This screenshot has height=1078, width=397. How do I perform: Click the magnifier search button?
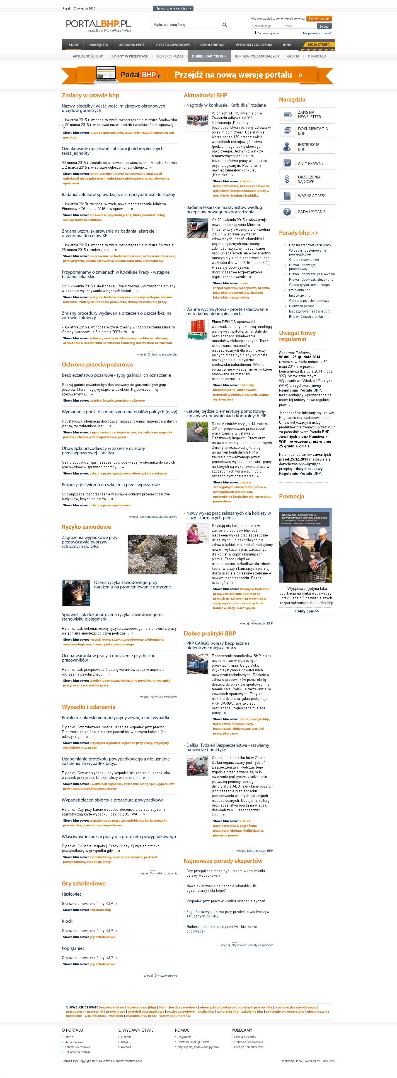pos(225,25)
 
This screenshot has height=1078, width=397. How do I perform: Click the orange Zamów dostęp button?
pos(319,18)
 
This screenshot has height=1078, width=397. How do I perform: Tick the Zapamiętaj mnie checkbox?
pos(254,33)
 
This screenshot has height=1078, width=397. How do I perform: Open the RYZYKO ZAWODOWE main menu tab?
pos(173,45)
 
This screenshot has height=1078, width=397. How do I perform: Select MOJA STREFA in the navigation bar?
pos(318,44)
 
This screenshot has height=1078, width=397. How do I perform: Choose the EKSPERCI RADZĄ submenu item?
pos(170,56)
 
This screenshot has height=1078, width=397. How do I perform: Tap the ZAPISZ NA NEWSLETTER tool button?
pos(307,114)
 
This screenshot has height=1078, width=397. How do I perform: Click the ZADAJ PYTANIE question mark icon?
pos(287,212)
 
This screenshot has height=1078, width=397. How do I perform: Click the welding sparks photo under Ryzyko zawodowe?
pos(76,593)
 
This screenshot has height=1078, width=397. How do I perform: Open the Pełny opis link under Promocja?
pos(307,611)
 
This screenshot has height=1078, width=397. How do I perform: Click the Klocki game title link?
pos(68,921)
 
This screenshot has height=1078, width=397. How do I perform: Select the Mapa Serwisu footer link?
pos(74,1042)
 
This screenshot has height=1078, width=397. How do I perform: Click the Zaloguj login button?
pos(324,26)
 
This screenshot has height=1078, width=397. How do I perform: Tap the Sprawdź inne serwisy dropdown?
pos(173,8)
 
